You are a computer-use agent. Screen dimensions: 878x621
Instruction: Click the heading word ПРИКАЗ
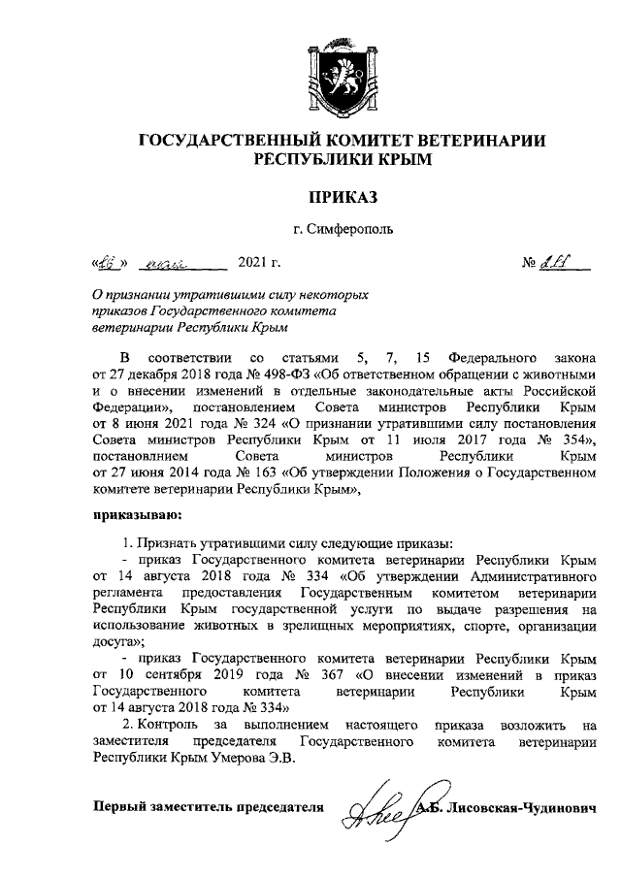point(342,198)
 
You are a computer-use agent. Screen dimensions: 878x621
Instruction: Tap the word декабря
point(156,373)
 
